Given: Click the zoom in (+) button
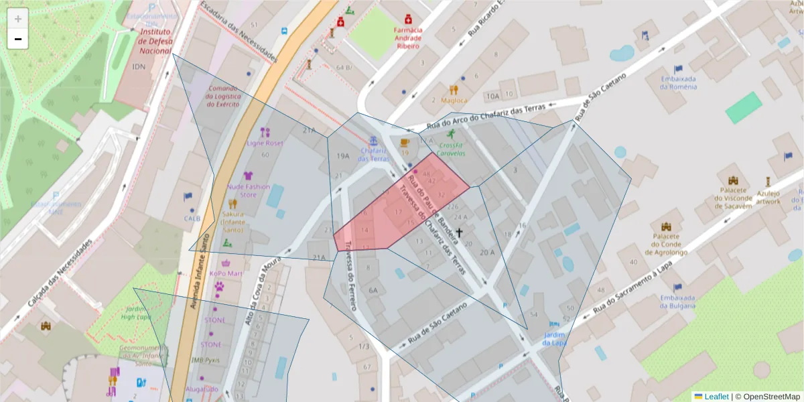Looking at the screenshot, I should tap(18, 19).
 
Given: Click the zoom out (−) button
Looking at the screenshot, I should tap(18, 39).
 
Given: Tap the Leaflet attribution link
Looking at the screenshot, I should tap(716, 397).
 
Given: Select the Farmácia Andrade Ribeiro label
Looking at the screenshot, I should tap(408, 38).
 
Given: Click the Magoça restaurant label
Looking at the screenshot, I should tap(454, 100).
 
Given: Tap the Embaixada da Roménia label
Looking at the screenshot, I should tap(678, 82).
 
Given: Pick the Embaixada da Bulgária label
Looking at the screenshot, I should tap(677, 301).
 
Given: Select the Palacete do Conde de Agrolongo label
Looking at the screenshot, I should tap(666, 244).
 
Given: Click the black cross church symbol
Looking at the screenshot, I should tap(460, 233).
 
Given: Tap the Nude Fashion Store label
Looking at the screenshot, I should tap(249, 190).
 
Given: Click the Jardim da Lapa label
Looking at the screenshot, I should tap(555, 338).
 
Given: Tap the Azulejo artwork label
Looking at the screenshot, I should tap(768, 197).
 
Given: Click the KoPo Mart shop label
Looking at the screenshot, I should tap(226, 273).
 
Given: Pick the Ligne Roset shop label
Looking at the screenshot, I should tap(265, 143).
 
